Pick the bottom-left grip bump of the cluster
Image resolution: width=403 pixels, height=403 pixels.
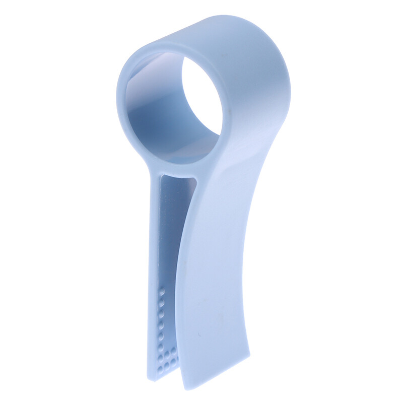click(161, 363)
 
